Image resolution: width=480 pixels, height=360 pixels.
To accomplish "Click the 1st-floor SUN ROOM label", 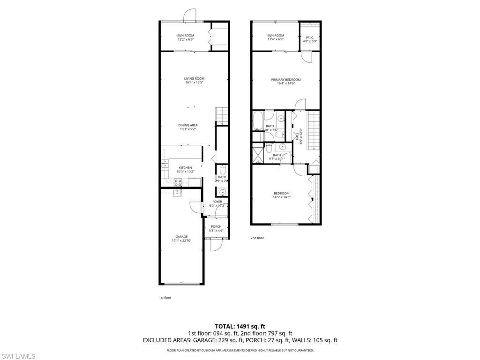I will (186, 36).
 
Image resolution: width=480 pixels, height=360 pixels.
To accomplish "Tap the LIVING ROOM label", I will (194, 79).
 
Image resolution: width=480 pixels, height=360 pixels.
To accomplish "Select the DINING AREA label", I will (187, 125).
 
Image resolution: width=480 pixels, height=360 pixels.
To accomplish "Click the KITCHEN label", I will (185, 168).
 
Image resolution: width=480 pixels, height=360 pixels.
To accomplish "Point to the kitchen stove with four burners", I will (178, 183).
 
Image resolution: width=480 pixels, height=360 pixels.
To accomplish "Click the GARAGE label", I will (181, 237).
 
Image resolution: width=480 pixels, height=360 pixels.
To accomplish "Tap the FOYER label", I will (217, 202).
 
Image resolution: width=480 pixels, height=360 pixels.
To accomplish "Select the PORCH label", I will (216, 226).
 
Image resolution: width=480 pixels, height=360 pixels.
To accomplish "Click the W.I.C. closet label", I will (310, 37).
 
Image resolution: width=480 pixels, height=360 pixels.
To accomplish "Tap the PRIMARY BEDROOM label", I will (286, 80).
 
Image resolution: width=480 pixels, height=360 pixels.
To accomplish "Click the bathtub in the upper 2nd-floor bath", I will (257, 120).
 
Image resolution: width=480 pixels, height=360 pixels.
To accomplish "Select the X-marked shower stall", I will (258, 155).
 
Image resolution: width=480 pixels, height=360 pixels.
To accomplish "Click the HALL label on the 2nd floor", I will (297, 136).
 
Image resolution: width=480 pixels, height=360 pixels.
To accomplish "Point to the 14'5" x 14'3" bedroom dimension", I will (282, 197).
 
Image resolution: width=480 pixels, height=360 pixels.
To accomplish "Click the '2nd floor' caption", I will (257, 238).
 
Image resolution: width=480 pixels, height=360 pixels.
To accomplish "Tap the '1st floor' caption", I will (165, 297).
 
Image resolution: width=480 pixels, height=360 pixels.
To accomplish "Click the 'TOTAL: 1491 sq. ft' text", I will (240, 326).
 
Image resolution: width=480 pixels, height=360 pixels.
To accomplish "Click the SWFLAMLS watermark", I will (18, 356).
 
